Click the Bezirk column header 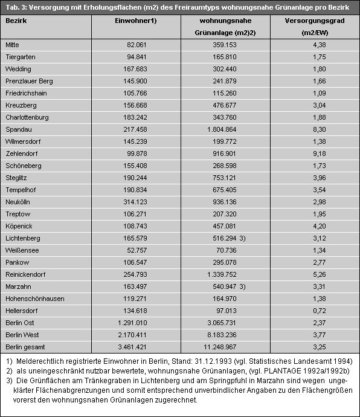click(x=16, y=21)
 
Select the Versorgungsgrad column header click(x=315, y=21)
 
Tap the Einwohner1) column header click(x=135, y=21)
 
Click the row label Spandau click(x=19, y=129)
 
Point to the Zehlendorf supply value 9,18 click(x=320, y=154)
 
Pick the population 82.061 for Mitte click(x=137, y=45)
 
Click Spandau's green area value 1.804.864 click(x=222, y=129)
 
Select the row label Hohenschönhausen click(x=35, y=299)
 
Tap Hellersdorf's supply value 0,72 click(x=320, y=311)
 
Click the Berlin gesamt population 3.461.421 click(x=132, y=347)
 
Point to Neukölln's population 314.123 click(x=135, y=202)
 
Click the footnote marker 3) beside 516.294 click(x=242, y=238)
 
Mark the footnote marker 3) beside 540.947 click(x=242, y=286)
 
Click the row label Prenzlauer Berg click(x=29, y=81)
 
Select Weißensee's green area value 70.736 click(x=227, y=250)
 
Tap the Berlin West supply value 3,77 click(x=320, y=335)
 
